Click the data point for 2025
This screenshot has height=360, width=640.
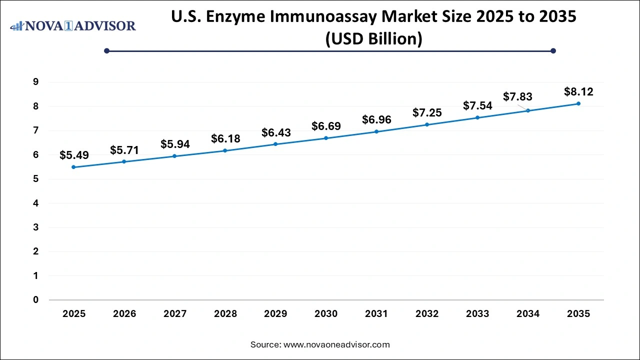(74, 167)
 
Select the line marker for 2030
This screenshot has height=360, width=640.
(326, 138)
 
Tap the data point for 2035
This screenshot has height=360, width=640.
(578, 103)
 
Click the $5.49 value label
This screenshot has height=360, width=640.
(74, 155)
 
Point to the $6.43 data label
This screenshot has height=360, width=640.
(276, 132)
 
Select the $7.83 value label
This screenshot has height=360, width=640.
(517, 96)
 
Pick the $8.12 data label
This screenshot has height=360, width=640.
(578, 92)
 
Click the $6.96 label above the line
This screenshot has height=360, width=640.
(376, 119)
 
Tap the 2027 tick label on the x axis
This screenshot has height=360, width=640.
(175, 314)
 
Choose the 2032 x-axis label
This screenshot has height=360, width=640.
(427, 314)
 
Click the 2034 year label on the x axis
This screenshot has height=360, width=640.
(528, 314)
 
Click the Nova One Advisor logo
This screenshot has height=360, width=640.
(73, 25)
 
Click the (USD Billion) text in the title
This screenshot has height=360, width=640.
(373, 38)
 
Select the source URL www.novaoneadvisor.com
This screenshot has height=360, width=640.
(336, 344)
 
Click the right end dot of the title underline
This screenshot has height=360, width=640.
(553, 50)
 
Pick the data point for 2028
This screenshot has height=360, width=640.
(225, 150)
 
